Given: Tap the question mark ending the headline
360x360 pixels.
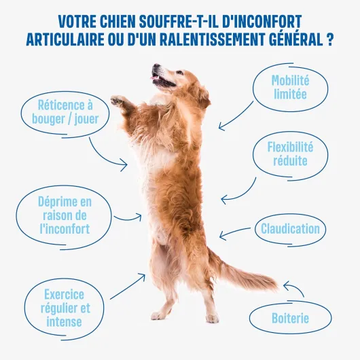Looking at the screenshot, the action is (x=329, y=39).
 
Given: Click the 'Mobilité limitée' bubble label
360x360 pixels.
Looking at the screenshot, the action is (x=290, y=87).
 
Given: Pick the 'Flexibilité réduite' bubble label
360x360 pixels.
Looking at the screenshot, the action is (x=290, y=154).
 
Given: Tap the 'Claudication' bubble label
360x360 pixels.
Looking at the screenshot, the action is (x=290, y=229).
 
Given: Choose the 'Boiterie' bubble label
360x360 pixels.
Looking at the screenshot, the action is (x=290, y=318).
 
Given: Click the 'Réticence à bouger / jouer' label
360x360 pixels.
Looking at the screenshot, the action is (x=65, y=112).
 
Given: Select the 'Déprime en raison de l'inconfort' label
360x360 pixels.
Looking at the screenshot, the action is (x=65, y=215).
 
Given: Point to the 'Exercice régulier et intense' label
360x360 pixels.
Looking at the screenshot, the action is (x=65, y=308).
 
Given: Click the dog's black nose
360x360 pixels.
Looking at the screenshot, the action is (x=156, y=66).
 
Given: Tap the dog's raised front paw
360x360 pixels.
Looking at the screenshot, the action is (x=118, y=101).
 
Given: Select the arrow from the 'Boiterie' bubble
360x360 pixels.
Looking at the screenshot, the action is (x=296, y=287).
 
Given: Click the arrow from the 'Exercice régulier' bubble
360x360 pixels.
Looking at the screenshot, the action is (x=128, y=286).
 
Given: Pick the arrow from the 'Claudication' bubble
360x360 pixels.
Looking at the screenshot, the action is (x=234, y=232).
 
